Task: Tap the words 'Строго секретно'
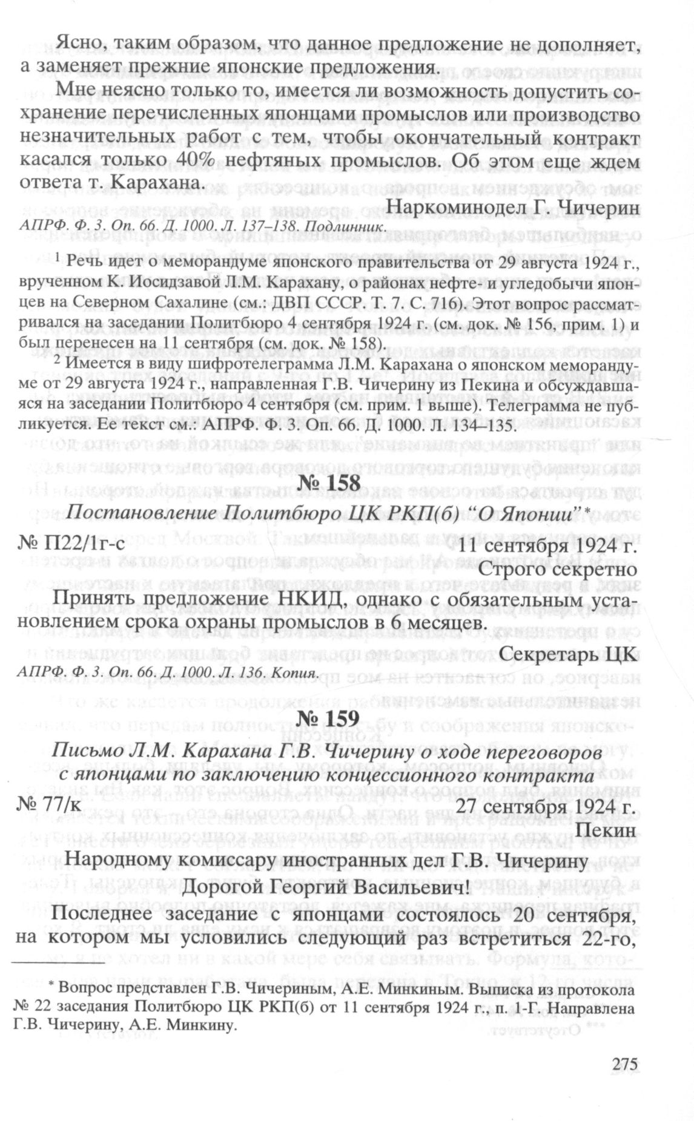point(557,570)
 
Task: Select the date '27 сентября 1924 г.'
point(545,806)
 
